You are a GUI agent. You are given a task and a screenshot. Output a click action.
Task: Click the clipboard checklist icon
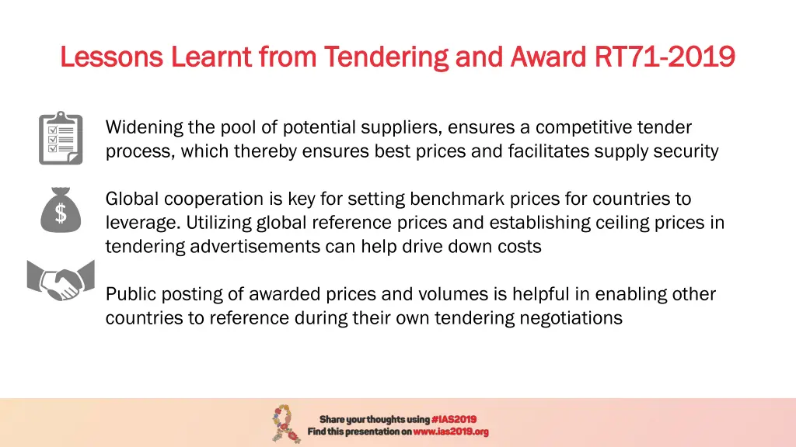pyautogui.click(x=61, y=138)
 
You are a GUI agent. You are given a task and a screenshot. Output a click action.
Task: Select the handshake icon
pyautogui.click(x=61, y=279)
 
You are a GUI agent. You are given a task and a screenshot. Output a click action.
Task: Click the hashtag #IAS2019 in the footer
pyautogui.click(x=454, y=419)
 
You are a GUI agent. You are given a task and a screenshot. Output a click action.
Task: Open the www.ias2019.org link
pyautogui.click(x=451, y=431)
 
